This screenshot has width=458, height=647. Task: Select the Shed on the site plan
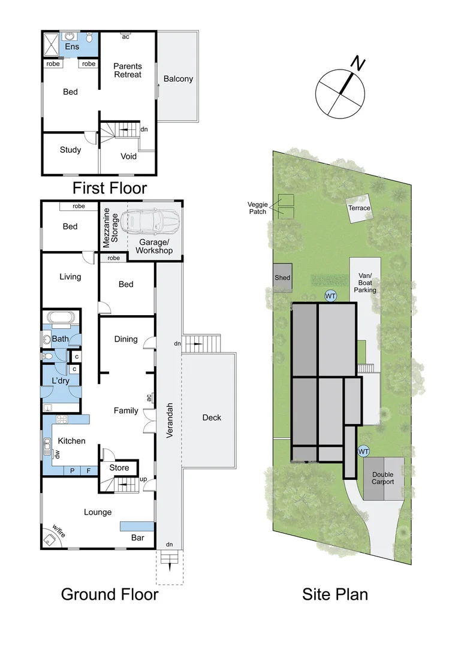282,278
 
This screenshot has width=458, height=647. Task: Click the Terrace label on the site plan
360,208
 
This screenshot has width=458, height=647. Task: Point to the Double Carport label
382,477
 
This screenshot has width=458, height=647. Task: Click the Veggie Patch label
258,207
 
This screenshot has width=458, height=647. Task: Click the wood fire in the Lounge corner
52,537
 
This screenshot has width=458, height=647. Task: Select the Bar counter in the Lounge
137,526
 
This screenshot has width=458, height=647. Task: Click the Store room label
119,468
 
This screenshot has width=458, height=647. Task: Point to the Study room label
70,150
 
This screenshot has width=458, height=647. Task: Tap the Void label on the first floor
129,156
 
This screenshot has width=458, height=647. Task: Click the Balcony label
178,78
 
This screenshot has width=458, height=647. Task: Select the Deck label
212,417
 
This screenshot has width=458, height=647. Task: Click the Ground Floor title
110,594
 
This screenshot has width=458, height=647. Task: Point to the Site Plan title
335,594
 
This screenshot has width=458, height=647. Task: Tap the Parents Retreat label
128,70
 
